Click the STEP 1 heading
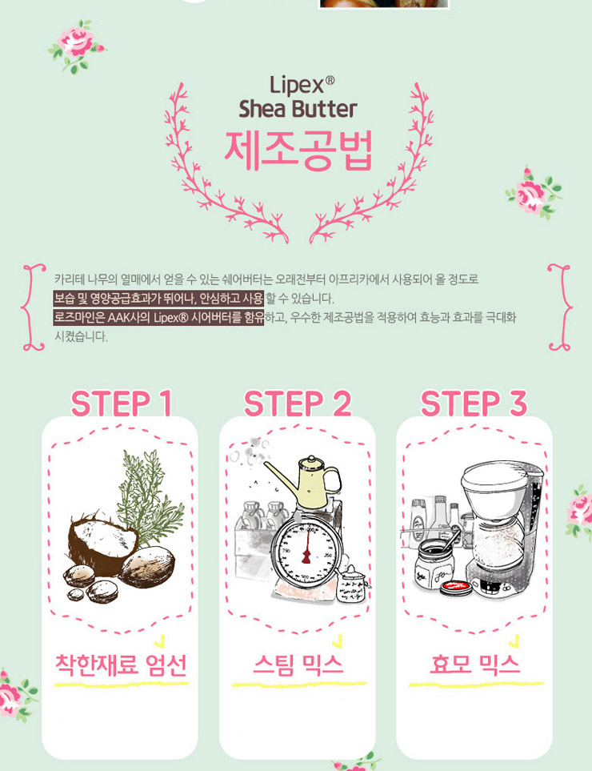coord(122,404)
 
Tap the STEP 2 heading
coord(298,404)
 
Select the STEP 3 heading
coord(474,404)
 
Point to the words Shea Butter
coord(298,109)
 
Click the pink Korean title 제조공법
coord(298,151)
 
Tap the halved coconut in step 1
coord(102,542)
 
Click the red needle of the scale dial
coord(306,546)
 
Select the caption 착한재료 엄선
coord(121,665)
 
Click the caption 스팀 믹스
coord(298,665)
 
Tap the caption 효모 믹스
coord(474,665)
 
